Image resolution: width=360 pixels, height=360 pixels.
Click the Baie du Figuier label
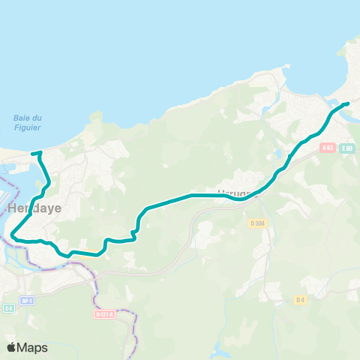click(28, 122)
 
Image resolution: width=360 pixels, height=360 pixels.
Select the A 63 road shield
click(327, 148)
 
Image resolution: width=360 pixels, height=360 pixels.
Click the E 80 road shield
click(346, 148)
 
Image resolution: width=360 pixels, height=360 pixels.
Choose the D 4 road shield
click(299, 300)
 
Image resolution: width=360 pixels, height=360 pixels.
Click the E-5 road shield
click(9, 308)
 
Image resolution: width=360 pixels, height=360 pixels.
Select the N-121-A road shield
click(105, 314)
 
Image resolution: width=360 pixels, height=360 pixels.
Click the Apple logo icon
click(11, 347)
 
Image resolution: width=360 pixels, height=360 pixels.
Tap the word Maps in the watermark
click(32, 347)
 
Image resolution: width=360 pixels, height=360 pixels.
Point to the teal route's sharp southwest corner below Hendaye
click(13, 237)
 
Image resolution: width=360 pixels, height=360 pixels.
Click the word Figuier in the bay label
click(28, 127)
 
